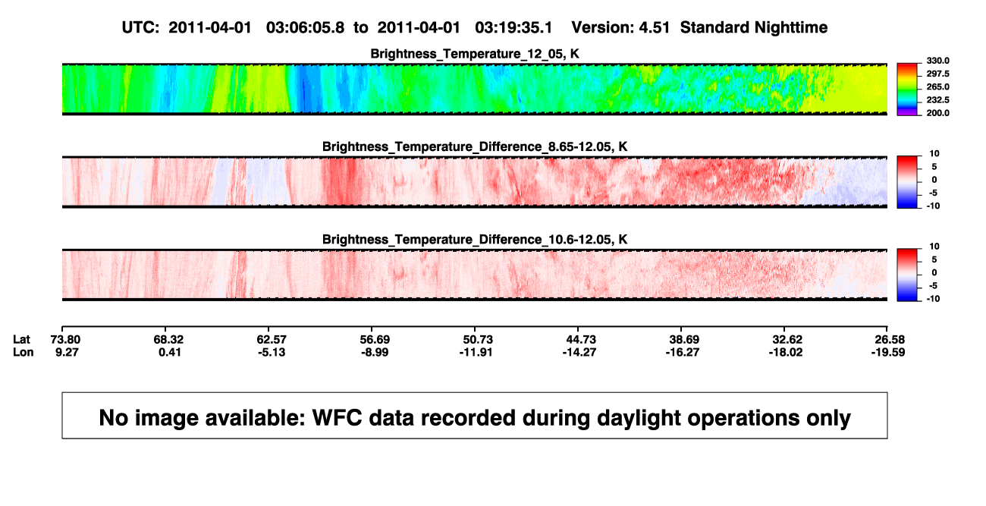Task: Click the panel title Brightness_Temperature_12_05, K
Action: [x=475, y=54]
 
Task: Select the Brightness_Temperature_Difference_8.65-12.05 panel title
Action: [x=475, y=146]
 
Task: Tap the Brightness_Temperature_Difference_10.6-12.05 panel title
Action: [x=475, y=240]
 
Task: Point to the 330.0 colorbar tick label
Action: [x=937, y=61]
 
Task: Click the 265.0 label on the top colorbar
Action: [x=937, y=86]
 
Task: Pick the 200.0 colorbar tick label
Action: [x=937, y=113]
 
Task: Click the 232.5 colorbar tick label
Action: [x=937, y=100]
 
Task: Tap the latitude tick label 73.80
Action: [x=65, y=340]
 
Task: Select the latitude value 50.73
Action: [x=478, y=340]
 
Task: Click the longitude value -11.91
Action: [x=476, y=352]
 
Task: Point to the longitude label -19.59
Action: [x=888, y=352]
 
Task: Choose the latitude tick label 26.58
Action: [x=890, y=340]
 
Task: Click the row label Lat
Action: [x=21, y=340]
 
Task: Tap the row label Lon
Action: [x=24, y=352]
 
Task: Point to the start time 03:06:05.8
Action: [x=305, y=28]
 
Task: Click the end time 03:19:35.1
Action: [x=513, y=28]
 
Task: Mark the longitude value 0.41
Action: [x=170, y=352]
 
